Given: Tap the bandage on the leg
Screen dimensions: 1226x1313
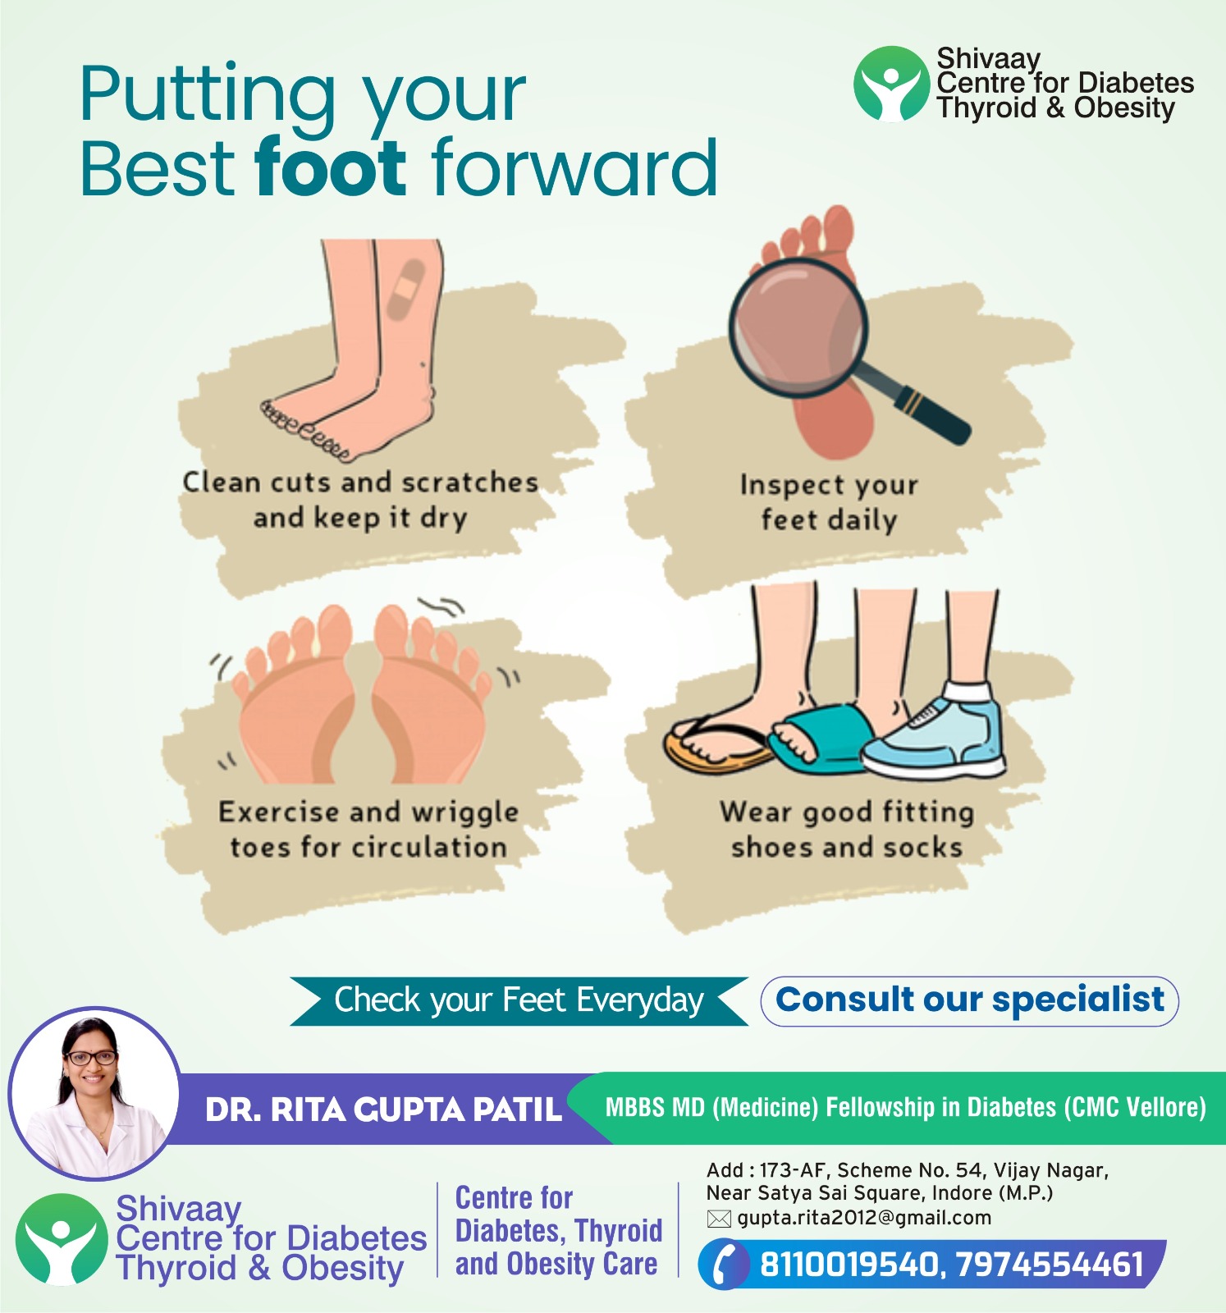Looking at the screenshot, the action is point(405,289).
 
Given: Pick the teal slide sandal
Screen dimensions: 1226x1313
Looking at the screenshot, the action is point(821,739).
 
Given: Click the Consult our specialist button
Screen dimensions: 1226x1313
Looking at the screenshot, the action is point(969,1000).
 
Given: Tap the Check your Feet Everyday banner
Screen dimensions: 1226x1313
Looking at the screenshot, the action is point(519,1000).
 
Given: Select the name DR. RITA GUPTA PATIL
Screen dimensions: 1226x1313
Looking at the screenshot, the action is point(383,1109).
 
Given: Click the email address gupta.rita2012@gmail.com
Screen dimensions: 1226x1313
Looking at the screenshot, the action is point(864,1218).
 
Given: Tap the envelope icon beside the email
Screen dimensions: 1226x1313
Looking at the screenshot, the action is point(719,1219).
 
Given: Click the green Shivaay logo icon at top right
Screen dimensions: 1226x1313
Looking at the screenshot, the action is point(891,84).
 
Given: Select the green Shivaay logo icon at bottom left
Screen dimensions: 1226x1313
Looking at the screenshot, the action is point(62,1239).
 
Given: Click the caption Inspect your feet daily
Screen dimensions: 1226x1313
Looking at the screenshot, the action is point(829,502).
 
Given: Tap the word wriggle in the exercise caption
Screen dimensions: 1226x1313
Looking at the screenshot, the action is point(465,812).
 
